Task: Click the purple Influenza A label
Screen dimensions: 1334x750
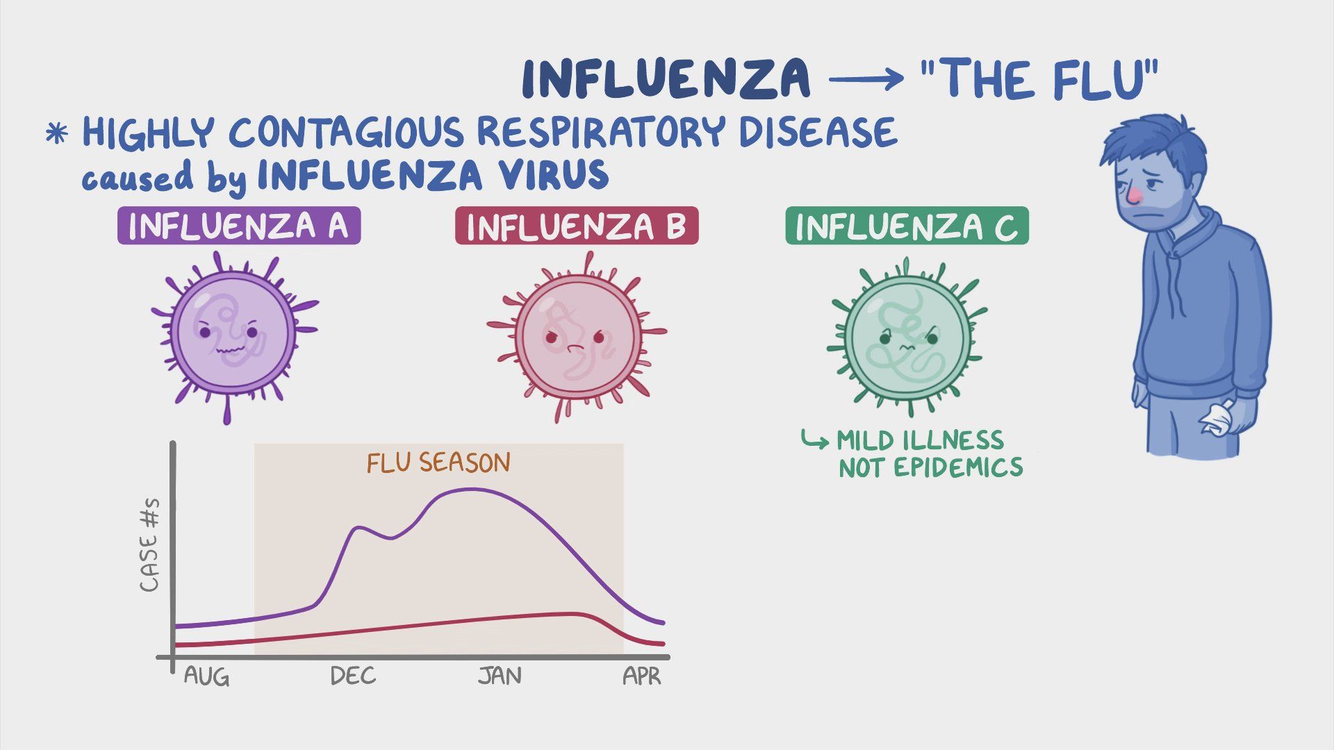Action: [239, 226]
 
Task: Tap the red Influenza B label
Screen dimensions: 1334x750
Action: [577, 226]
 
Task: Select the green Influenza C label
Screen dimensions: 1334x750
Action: [907, 226]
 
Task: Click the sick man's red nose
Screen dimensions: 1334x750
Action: [1133, 197]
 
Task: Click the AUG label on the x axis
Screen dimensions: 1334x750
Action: [206, 676]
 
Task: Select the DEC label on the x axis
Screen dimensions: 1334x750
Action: [353, 676]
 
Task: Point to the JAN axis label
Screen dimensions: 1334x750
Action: [500, 676]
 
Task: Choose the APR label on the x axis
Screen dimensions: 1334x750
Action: [642, 676]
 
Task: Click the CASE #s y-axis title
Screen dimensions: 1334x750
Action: [149, 545]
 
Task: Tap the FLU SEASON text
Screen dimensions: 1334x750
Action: [438, 462]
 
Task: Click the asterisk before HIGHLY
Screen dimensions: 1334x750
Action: [57, 133]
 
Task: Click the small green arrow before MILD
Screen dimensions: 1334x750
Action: [814, 440]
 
